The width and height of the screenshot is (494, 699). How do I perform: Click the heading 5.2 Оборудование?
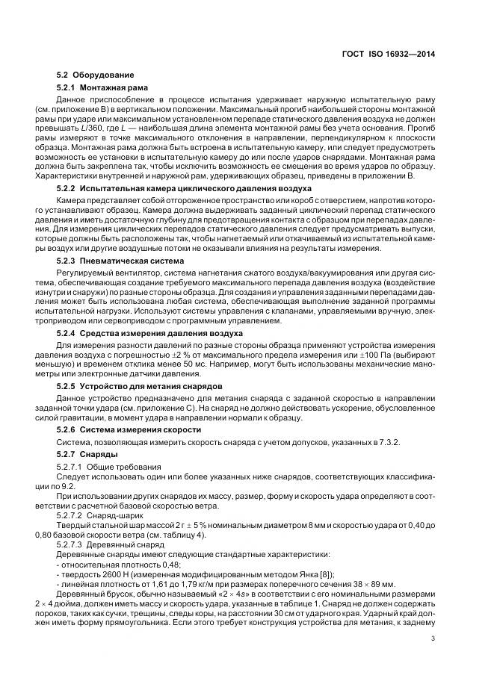point(96,75)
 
